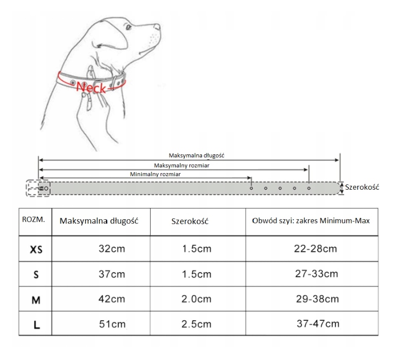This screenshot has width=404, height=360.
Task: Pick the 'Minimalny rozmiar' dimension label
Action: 155,174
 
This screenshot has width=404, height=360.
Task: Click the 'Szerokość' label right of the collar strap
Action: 362,187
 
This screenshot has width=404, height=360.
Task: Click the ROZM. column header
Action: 34,219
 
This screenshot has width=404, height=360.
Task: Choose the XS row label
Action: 36,250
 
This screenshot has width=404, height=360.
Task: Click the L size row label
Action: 36,325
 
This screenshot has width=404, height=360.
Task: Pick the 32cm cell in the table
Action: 112,249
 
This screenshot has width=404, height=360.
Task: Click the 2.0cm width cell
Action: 197,299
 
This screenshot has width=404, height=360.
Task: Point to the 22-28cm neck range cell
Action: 315,249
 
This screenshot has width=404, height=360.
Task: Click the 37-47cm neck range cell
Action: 318,323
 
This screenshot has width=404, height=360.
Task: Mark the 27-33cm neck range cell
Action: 317,274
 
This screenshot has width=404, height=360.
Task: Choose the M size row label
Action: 36,300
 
